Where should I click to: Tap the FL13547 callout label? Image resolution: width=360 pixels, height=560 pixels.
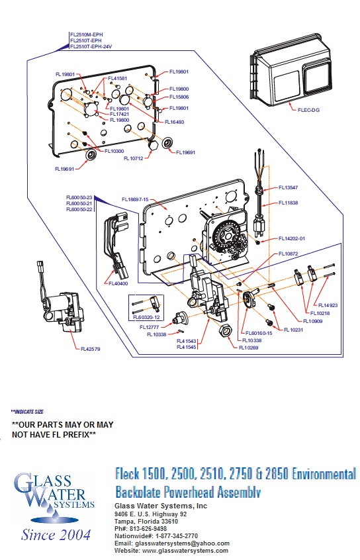(x=289, y=187)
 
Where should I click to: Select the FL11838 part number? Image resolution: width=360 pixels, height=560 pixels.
(x=289, y=203)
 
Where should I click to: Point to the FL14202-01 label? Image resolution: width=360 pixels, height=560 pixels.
(x=292, y=238)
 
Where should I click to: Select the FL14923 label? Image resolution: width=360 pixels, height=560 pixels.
(x=328, y=305)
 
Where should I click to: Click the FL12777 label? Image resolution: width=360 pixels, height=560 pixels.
(x=150, y=327)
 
